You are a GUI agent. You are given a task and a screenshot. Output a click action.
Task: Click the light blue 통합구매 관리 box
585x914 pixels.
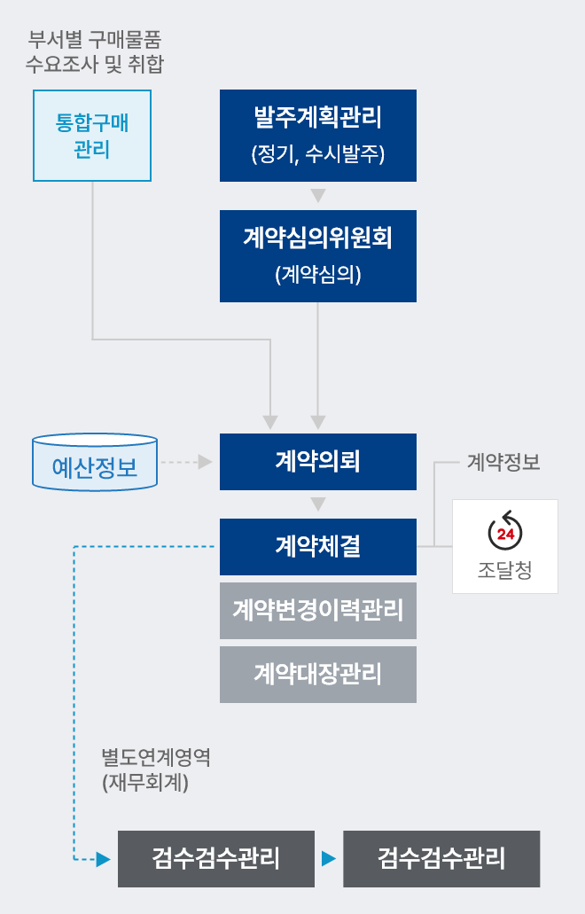coord(92,136)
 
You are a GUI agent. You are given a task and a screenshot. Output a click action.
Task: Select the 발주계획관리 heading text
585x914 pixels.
coord(318,117)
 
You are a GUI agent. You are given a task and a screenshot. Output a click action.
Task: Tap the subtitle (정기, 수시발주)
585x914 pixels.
coord(318,154)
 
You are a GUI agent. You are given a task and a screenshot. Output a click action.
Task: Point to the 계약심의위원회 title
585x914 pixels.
coord(318,238)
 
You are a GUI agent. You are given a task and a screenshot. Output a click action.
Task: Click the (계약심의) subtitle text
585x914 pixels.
coord(318,275)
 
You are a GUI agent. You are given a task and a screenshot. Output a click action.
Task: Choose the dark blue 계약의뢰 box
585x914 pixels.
coord(318,462)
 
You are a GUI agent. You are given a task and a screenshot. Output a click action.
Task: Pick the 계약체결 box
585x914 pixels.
coord(318,547)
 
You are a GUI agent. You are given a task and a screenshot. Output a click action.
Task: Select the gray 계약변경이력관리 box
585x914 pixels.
coord(318,610)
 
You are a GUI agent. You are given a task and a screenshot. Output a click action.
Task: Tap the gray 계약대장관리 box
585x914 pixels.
coord(318,675)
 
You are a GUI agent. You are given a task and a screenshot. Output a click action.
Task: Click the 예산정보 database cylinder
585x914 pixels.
coord(95,462)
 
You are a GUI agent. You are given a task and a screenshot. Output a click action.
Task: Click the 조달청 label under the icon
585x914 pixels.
coord(505,569)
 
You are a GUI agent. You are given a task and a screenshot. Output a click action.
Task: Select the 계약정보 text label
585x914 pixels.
coord(503,462)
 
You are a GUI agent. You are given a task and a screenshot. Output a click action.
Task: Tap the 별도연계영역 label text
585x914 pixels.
coord(156,757)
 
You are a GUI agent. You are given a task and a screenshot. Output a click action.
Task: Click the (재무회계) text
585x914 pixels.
coord(145,782)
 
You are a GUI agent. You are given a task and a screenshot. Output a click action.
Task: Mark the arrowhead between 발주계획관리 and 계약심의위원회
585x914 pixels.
coord(318,195)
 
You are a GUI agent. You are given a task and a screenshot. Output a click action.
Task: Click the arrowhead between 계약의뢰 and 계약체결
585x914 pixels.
coord(318,504)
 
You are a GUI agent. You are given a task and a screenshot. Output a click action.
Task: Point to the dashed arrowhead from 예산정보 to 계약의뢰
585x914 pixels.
coord(205,462)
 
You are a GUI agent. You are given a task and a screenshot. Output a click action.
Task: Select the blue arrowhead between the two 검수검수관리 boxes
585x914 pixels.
coord(329,859)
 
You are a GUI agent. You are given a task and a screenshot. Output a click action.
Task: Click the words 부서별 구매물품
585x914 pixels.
coord(94,40)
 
